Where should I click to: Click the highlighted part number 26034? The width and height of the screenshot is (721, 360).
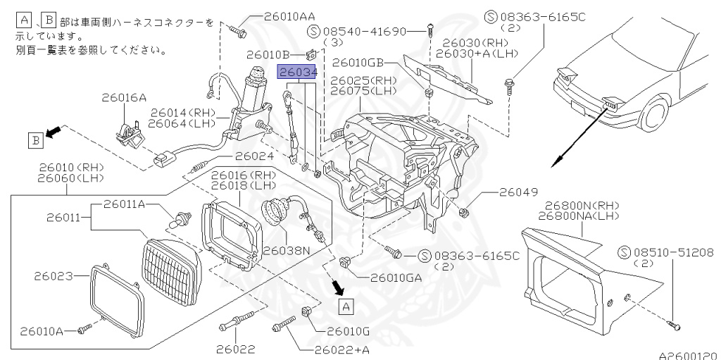296,72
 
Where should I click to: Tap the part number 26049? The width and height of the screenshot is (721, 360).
519,192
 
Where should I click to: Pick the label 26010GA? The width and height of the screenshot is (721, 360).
395,277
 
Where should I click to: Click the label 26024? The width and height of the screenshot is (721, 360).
254,156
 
